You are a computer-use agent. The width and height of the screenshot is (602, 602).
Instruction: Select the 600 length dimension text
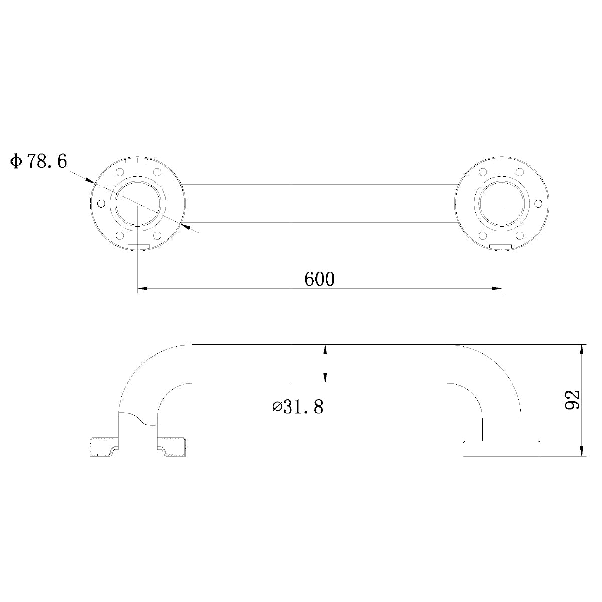click(319, 279)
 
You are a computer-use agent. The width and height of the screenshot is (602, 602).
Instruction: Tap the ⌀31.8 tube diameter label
click(298, 407)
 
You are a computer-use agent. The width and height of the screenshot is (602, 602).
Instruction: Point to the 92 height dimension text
click(572, 400)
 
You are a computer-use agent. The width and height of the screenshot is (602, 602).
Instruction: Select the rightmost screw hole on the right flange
click(539, 203)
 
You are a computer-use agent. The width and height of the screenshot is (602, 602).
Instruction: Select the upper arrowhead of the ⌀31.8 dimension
click(326, 350)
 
